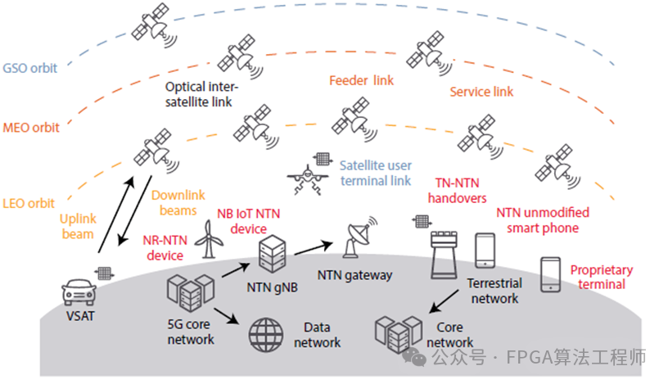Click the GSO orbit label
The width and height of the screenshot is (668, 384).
tap(29, 68)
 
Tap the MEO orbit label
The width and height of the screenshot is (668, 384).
tap(29, 128)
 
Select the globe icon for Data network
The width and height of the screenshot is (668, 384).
tap(265, 333)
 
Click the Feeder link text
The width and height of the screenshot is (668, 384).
tap(361, 81)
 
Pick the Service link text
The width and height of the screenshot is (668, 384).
tap(481, 93)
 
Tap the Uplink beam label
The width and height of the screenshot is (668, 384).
tap(79, 227)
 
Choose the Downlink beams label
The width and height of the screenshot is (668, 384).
tap(174, 203)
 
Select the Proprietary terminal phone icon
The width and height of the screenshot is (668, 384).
tap(550, 275)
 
